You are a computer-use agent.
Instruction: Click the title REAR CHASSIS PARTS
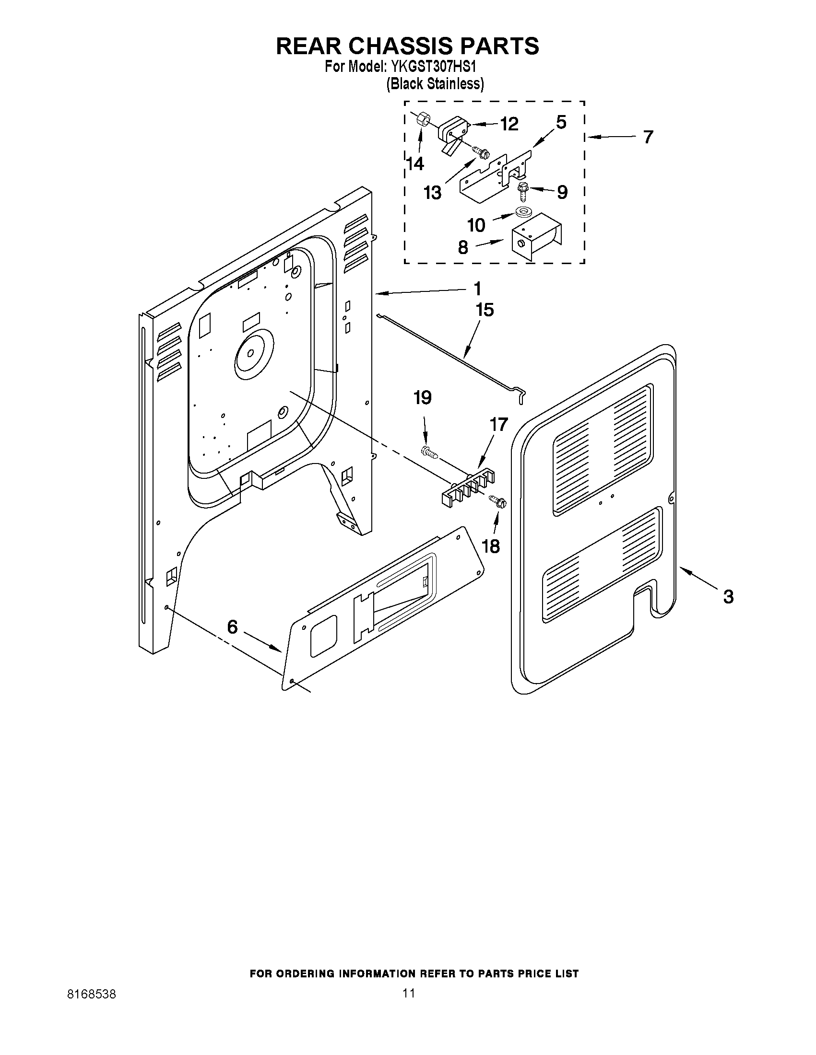pos(407,46)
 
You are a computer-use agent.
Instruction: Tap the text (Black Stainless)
pos(435,83)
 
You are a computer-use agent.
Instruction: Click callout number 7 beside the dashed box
pos(648,137)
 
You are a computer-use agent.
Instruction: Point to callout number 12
pos(509,124)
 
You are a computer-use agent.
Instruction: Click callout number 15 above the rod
pos(485,310)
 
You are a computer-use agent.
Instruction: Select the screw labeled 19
pos(429,452)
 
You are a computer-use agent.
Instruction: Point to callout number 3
pos(728,597)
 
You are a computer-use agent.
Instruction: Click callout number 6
pos(233,627)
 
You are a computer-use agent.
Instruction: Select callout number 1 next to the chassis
pos(477,289)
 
